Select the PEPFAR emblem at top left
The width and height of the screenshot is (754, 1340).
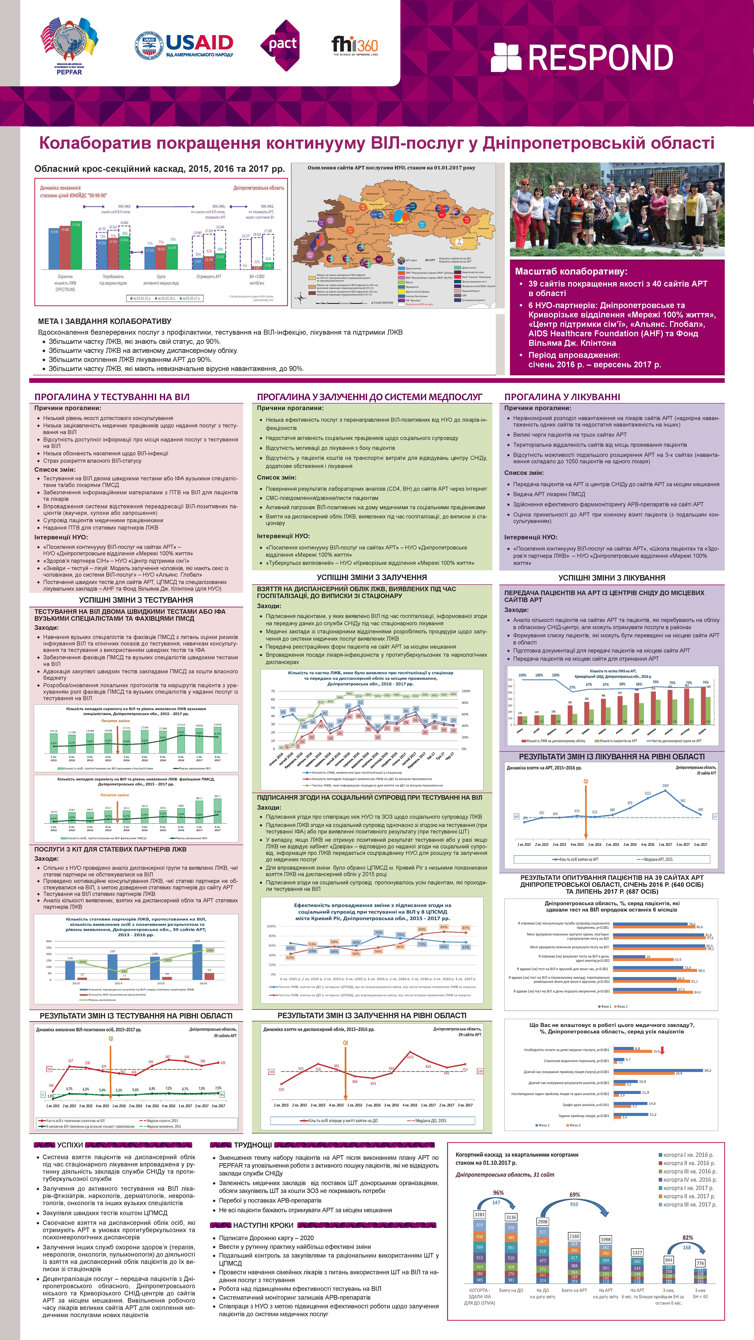tap(69, 46)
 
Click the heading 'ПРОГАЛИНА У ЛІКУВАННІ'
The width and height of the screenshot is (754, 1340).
tap(562, 397)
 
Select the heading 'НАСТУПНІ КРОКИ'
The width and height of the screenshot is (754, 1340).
tap(263, 1225)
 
